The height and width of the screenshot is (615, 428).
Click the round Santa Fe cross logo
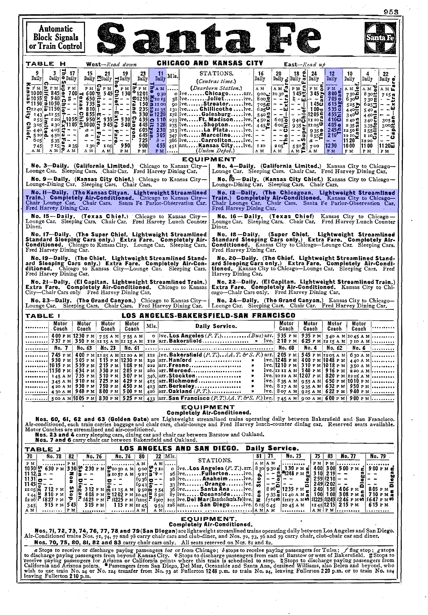(380, 38)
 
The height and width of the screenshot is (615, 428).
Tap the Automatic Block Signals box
(56, 37)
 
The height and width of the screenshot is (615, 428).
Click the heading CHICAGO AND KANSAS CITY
(210, 63)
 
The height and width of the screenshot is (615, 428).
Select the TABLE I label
(43, 316)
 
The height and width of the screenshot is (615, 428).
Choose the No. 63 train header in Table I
(84, 348)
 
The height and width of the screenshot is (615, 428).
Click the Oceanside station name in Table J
(217, 494)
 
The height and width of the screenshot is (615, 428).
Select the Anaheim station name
(215, 479)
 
